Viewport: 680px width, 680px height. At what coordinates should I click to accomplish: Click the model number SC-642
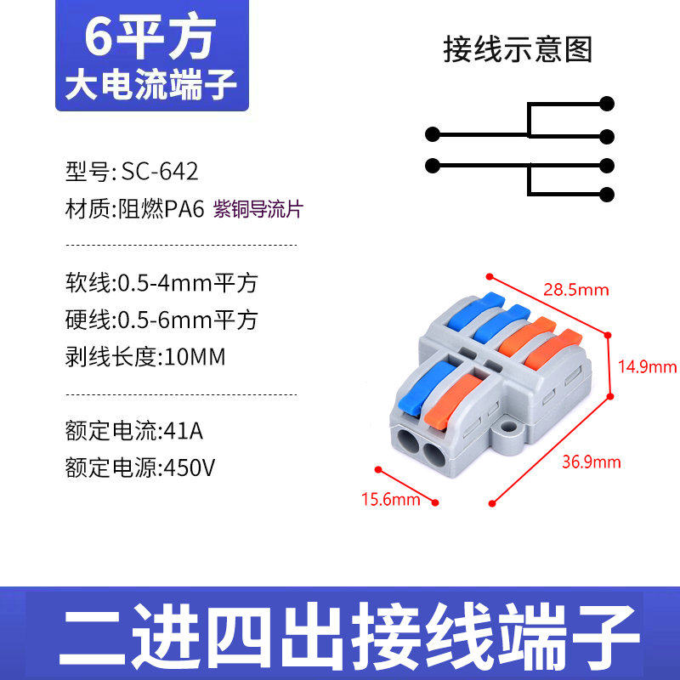[160, 172]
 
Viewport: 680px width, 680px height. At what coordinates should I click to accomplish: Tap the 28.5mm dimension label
[576, 290]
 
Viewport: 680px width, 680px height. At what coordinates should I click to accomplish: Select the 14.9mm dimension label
[647, 367]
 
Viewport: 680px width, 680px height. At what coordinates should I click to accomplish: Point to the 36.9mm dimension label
[592, 462]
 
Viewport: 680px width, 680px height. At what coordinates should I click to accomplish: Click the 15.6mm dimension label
[391, 500]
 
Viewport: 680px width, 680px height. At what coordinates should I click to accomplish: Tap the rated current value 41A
[183, 431]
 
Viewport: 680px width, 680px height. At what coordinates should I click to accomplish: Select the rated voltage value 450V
[189, 467]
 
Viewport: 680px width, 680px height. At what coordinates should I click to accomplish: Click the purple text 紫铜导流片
[258, 209]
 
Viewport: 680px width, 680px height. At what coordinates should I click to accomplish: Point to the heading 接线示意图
[518, 49]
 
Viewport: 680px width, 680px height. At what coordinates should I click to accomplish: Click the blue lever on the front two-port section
[427, 386]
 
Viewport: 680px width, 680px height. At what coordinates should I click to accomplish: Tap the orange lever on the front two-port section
[453, 401]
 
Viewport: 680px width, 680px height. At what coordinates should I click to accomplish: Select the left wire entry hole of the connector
[408, 442]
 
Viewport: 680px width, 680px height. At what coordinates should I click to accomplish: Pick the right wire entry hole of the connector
[434, 454]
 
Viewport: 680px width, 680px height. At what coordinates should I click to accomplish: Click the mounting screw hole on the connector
[508, 428]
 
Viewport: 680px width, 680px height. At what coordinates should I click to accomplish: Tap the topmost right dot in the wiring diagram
[607, 104]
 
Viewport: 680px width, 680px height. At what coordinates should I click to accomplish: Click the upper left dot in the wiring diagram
[433, 134]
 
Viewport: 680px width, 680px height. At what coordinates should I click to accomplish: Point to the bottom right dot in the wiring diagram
[607, 195]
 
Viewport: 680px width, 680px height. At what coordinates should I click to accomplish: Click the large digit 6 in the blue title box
[98, 37]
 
